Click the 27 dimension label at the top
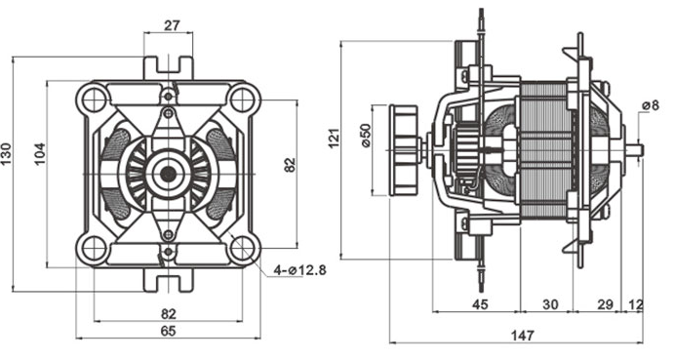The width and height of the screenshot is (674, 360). click(x=172, y=25)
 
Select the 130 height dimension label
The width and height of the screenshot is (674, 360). click(x=7, y=153)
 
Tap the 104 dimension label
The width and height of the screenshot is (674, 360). click(x=40, y=153)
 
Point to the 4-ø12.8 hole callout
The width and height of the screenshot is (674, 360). click(x=299, y=270)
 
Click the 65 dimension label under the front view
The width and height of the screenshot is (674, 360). click(x=168, y=331)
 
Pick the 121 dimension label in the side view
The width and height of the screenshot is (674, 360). click(x=334, y=138)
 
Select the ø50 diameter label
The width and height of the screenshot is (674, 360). click(x=366, y=136)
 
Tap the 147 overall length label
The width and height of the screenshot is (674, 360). click(x=522, y=335)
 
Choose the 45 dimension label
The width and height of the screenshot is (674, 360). click(x=480, y=304)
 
